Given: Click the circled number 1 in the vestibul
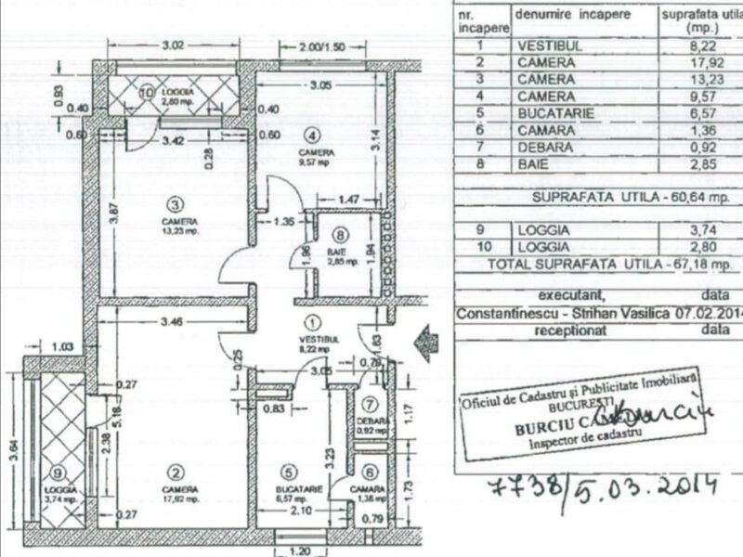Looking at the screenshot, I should (x=313, y=324).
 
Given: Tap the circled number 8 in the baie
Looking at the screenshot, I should (x=341, y=235).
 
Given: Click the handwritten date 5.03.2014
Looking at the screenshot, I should (x=651, y=486).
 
